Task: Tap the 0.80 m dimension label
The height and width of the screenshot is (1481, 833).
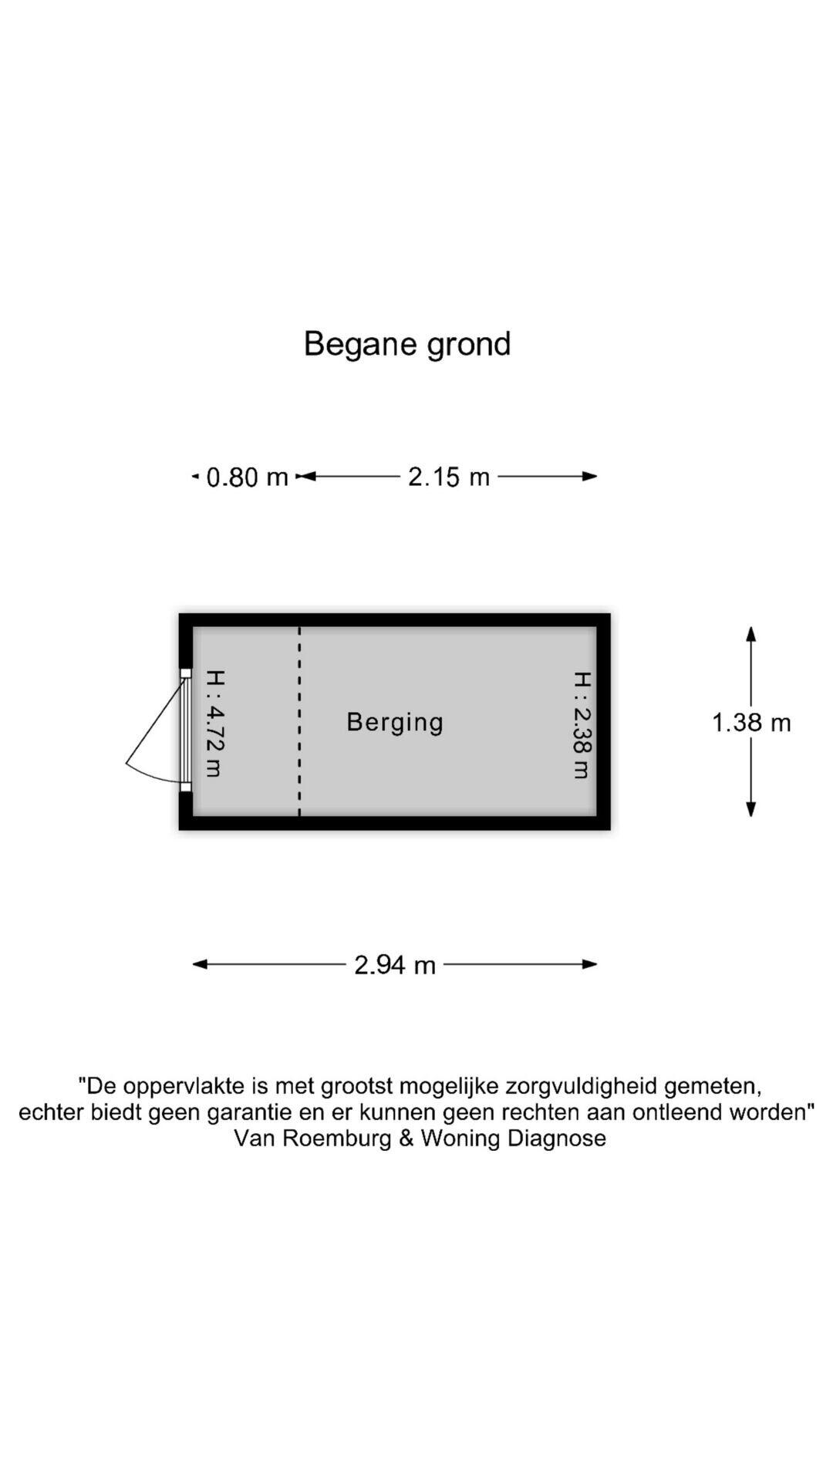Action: (248, 477)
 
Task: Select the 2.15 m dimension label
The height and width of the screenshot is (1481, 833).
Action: (449, 477)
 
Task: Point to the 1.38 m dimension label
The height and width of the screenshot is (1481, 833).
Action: (751, 723)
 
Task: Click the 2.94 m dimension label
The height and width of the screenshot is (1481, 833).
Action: (395, 965)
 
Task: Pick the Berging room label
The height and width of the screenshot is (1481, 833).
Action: (395, 722)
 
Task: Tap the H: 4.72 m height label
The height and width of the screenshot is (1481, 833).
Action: (215, 723)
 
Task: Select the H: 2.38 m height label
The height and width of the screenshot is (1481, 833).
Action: (582, 725)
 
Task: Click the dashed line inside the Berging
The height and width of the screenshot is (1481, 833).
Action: (299, 721)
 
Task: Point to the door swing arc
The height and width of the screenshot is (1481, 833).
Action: (147, 774)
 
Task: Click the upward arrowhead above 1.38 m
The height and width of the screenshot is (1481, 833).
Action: (750, 633)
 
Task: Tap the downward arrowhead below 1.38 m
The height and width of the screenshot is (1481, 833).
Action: (750, 808)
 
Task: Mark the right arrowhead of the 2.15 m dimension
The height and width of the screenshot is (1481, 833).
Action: (590, 477)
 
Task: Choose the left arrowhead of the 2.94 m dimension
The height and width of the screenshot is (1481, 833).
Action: (200, 964)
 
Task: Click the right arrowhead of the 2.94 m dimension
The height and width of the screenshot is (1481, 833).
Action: (590, 964)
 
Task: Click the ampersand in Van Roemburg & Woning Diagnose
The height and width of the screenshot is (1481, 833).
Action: (406, 1139)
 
